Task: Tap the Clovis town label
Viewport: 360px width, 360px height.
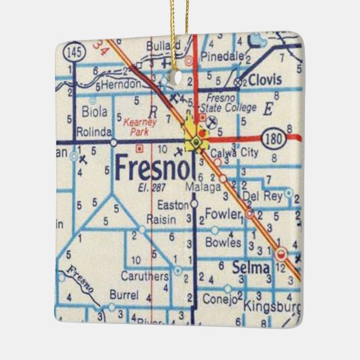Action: [264, 79]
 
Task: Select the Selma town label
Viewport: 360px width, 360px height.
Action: [251, 268]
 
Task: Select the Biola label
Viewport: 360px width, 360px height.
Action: [94, 111]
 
